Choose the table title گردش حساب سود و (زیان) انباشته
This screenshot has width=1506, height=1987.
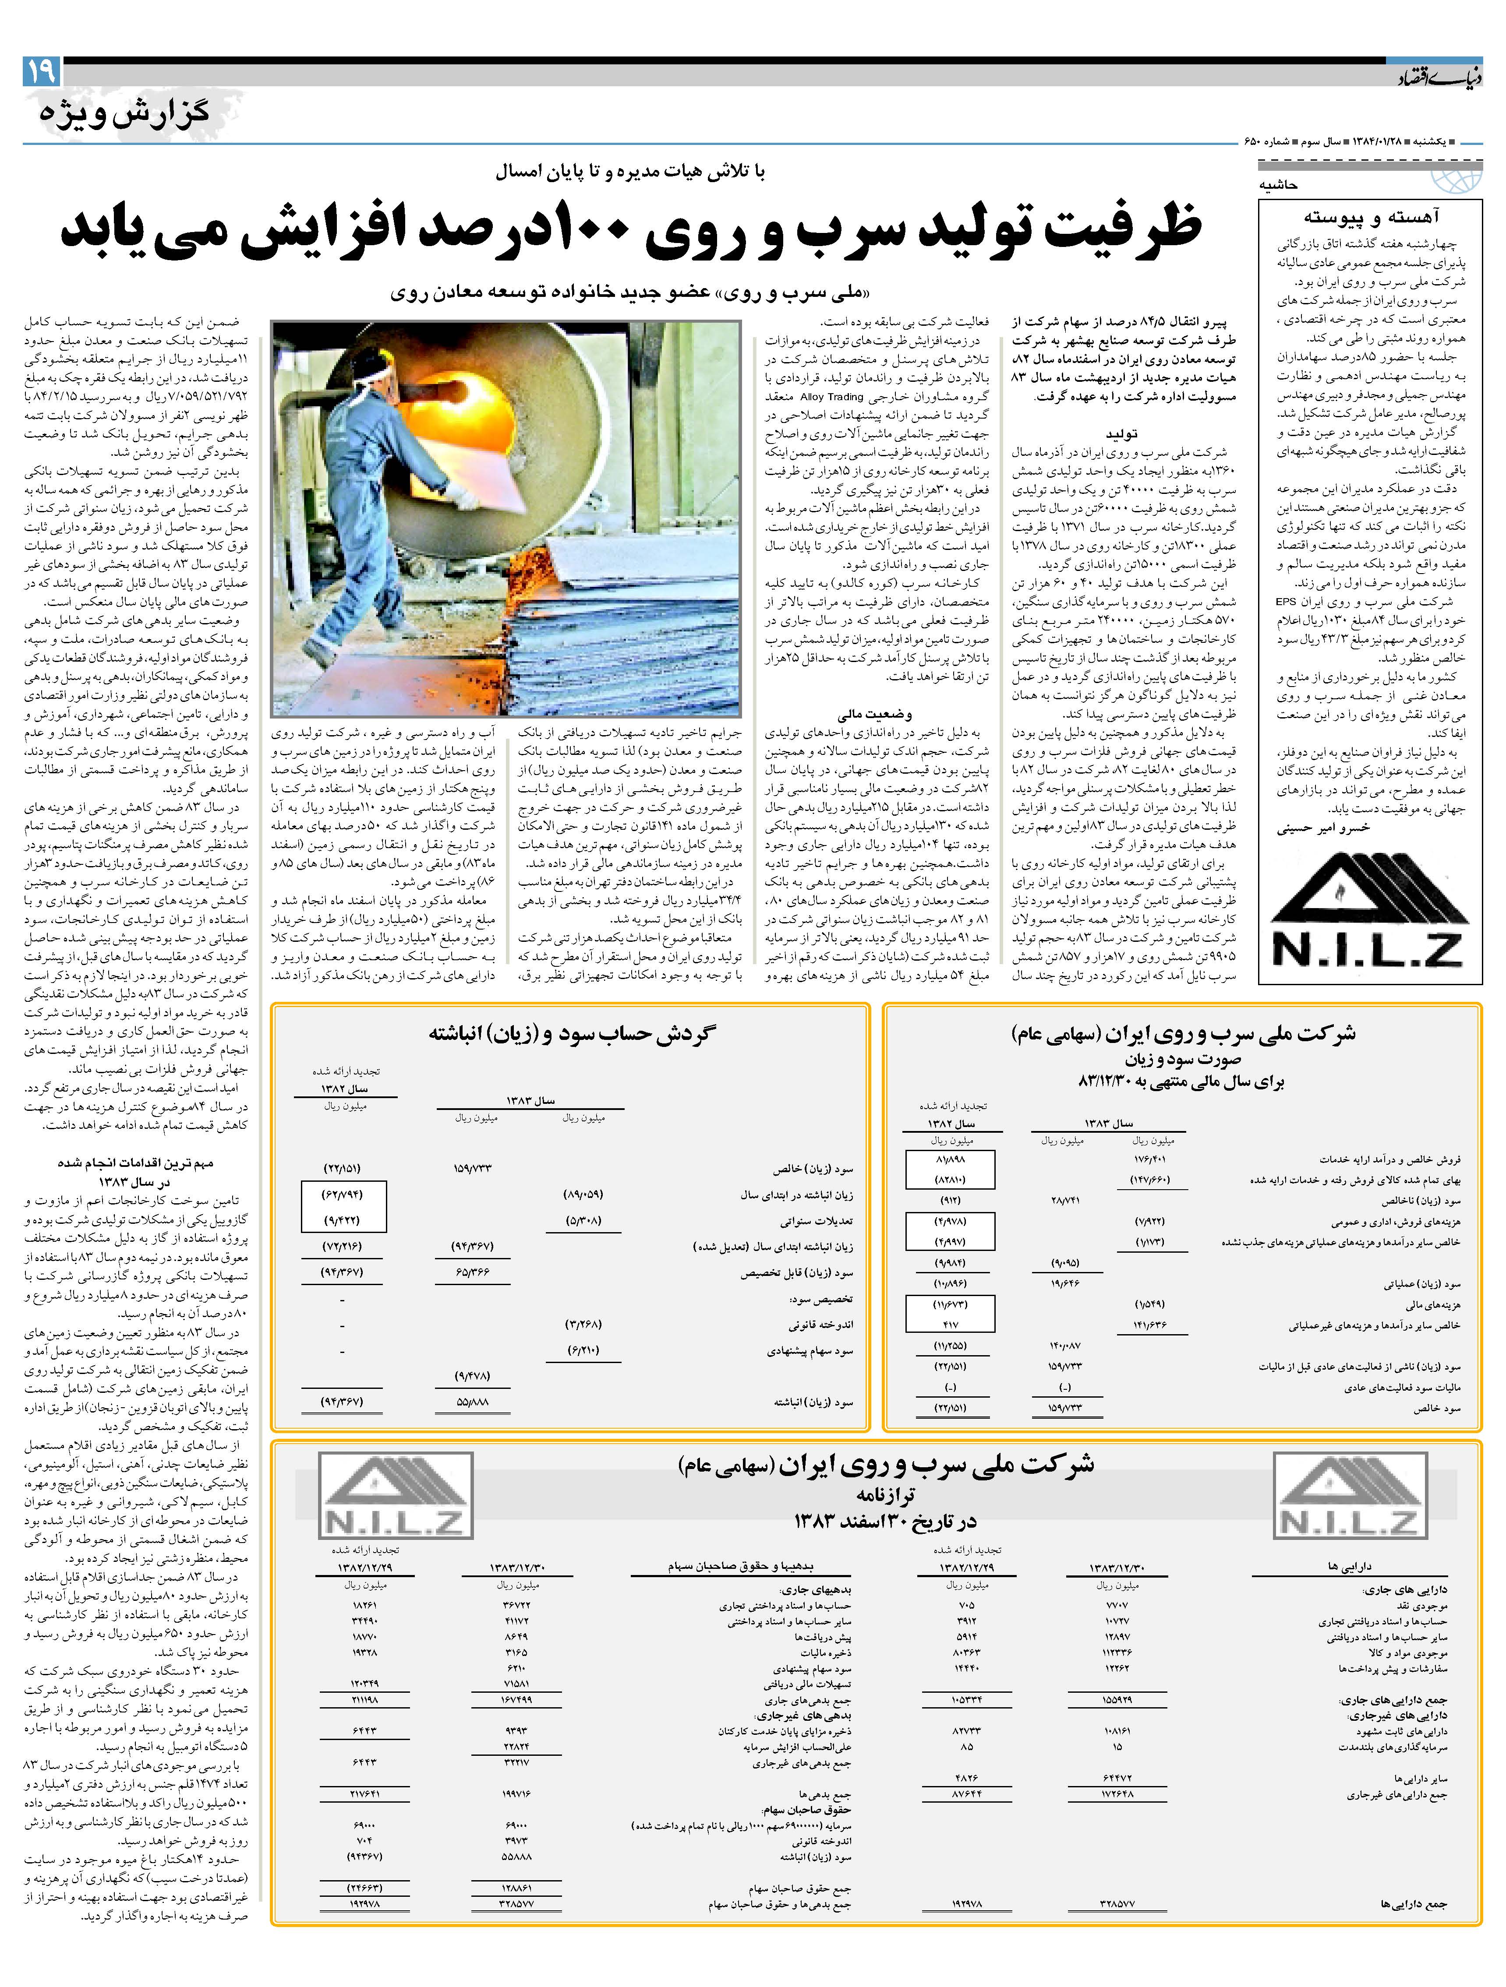point(572,1034)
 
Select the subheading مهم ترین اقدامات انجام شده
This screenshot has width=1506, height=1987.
point(135,1163)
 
